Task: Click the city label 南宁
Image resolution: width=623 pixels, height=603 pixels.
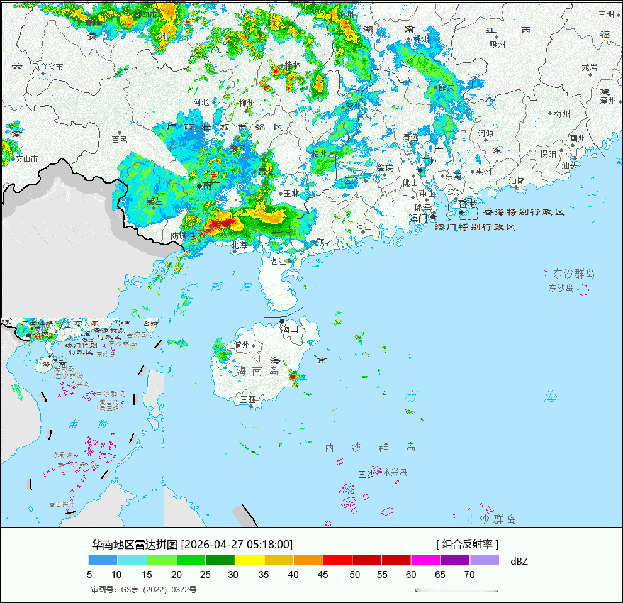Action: (x=212, y=185)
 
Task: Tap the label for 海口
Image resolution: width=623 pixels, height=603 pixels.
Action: (x=289, y=328)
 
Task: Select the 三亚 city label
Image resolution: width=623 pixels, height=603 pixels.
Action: (x=248, y=399)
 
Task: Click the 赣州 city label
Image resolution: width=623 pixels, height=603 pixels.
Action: (x=497, y=44)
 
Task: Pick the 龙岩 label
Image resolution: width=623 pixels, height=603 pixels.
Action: (x=590, y=67)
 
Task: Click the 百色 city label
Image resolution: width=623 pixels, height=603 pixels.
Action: (x=120, y=140)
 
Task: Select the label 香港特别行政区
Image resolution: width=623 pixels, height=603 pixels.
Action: (x=524, y=212)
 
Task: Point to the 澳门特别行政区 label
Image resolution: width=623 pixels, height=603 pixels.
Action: (x=476, y=226)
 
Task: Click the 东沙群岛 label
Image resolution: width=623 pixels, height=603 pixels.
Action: (x=573, y=274)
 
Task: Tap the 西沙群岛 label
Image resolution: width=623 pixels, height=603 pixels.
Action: (x=370, y=447)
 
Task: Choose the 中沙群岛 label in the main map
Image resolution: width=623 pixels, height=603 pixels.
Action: (x=491, y=519)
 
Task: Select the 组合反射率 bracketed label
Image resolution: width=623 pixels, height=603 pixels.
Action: (x=467, y=544)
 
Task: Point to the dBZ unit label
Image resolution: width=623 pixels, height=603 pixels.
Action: (x=519, y=561)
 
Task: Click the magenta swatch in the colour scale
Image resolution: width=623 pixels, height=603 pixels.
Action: (x=425, y=560)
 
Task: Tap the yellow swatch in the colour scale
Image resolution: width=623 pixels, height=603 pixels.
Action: (x=249, y=560)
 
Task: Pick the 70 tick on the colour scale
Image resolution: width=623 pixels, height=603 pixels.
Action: (x=469, y=574)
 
